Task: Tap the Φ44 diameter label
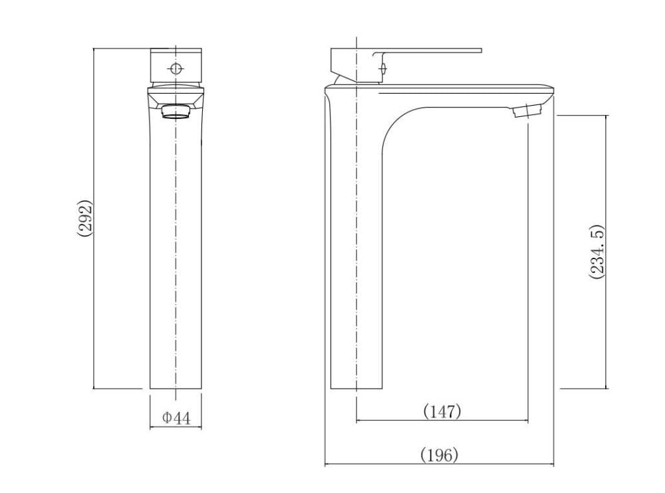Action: [176, 418]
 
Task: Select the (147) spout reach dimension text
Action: [442, 411]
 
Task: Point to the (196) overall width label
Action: [440, 455]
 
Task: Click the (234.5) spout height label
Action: [597, 251]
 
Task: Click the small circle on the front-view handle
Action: [176, 68]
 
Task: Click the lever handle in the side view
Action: [406, 64]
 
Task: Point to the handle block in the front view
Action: [176, 65]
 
